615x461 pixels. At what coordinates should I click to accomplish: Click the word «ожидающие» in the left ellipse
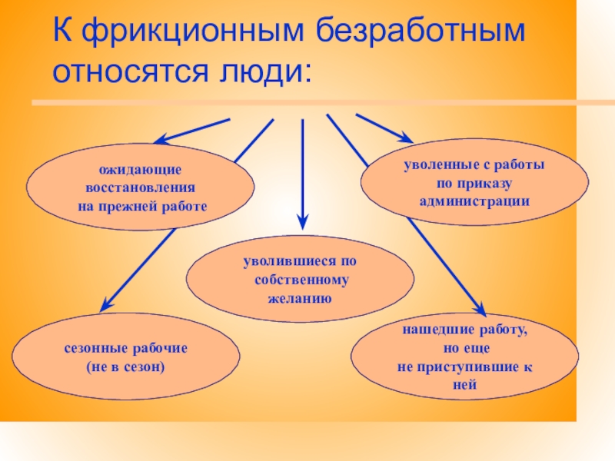(140, 169)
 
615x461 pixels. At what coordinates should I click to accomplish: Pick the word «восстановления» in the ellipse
(140, 187)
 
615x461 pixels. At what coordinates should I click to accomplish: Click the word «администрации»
(474, 201)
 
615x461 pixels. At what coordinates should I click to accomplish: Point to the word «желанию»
(300, 297)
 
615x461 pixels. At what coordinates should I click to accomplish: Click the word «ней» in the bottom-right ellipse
(465, 384)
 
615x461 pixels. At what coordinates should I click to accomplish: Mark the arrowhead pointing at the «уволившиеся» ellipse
(302, 222)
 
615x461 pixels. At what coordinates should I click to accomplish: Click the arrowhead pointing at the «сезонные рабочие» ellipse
(105, 305)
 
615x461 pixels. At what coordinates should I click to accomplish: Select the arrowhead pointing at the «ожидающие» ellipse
(160, 140)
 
